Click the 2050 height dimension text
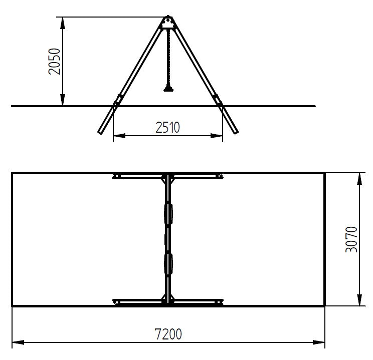(54, 62)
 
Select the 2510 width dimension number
(168, 127)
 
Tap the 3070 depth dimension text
(351, 239)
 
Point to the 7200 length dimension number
(168, 334)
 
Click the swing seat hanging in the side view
(168, 89)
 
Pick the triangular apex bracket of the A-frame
(168, 23)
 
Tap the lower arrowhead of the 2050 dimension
(63, 100)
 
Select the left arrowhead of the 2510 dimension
(119, 136)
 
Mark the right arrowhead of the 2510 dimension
(217, 136)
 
